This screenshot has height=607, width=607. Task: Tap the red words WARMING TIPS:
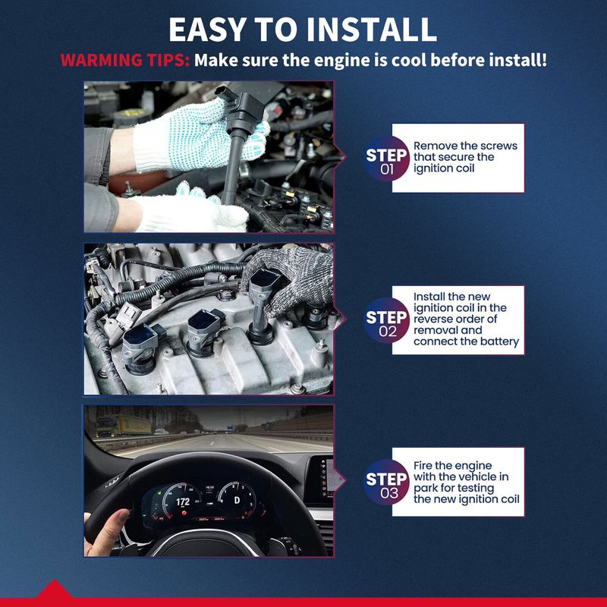pos(124,61)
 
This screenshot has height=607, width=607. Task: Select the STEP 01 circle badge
pos(386,159)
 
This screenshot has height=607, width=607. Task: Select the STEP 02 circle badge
pos(386,320)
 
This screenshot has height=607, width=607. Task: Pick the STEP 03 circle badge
pos(386,482)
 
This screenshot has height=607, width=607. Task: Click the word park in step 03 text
pos(426,489)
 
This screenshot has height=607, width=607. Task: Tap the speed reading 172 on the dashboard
pos(183,502)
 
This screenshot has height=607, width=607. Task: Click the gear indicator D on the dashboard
pos(237,501)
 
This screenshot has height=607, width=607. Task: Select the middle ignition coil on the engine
pos(203,332)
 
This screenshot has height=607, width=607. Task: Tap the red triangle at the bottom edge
pos(54,589)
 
